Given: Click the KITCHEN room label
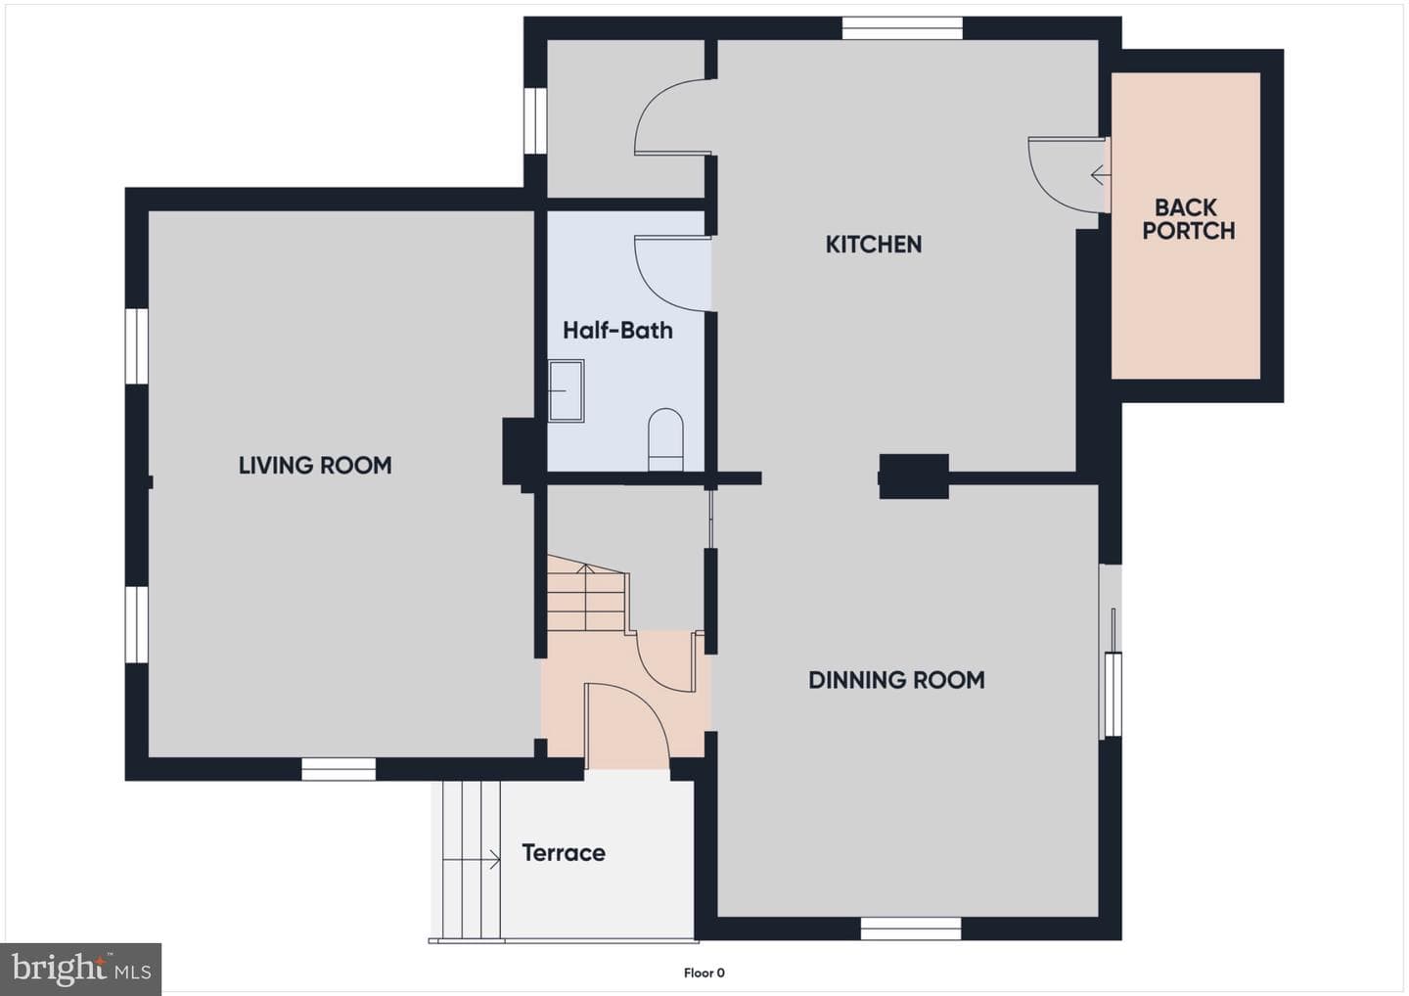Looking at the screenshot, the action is (x=873, y=244).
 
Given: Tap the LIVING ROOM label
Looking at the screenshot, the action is (x=315, y=466).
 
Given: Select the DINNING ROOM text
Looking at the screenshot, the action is (x=896, y=680).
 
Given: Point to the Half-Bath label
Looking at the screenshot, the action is (x=617, y=330).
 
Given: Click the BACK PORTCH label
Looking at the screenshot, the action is (x=1188, y=219).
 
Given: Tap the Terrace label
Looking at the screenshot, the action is (x=564, y=852).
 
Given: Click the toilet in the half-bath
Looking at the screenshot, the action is (x=665, y=439).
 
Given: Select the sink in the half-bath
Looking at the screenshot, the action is (x=567, y=390).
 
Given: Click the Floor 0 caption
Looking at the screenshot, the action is (x=704, y=973).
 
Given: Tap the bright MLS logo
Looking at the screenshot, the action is (x=80, y=969).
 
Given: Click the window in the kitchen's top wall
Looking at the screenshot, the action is (x=902, y=28).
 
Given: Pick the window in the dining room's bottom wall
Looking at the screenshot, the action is (x=911, y=928).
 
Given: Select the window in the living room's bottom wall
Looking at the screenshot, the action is (x=339, y=769).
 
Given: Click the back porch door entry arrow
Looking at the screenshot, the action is (x=1101, y=174).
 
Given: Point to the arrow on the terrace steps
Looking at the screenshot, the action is (x=472, y=860).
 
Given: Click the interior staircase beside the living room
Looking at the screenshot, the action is (x=587, y=594).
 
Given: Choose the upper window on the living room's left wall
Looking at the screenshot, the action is (x=137, y=345).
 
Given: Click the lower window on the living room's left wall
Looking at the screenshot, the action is (x=137, y=624).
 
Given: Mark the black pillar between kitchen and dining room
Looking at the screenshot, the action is (x=913, y=476).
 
